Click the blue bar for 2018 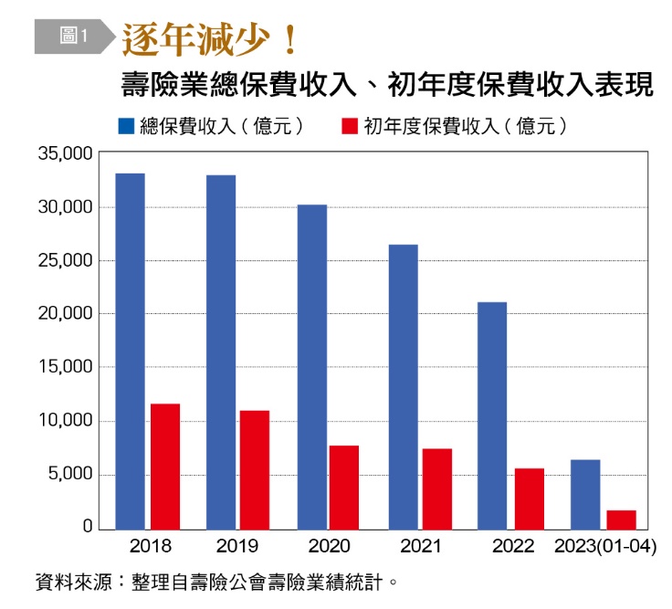coord(131,351)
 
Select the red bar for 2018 coord(165,466)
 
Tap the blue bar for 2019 coord(221,352)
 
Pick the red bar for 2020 coord(344,487)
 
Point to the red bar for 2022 coord(530,498)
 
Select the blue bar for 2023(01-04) coord(585,493)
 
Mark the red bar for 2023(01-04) coord(622,519)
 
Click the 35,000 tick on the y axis coord(66,154)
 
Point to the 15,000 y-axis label coord(66,368)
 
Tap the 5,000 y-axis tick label coord(69,475)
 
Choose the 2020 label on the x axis coord(328,547)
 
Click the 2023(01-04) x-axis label coord(606,547)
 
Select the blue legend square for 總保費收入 coord(126,124)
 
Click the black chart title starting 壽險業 coord(387,85)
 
